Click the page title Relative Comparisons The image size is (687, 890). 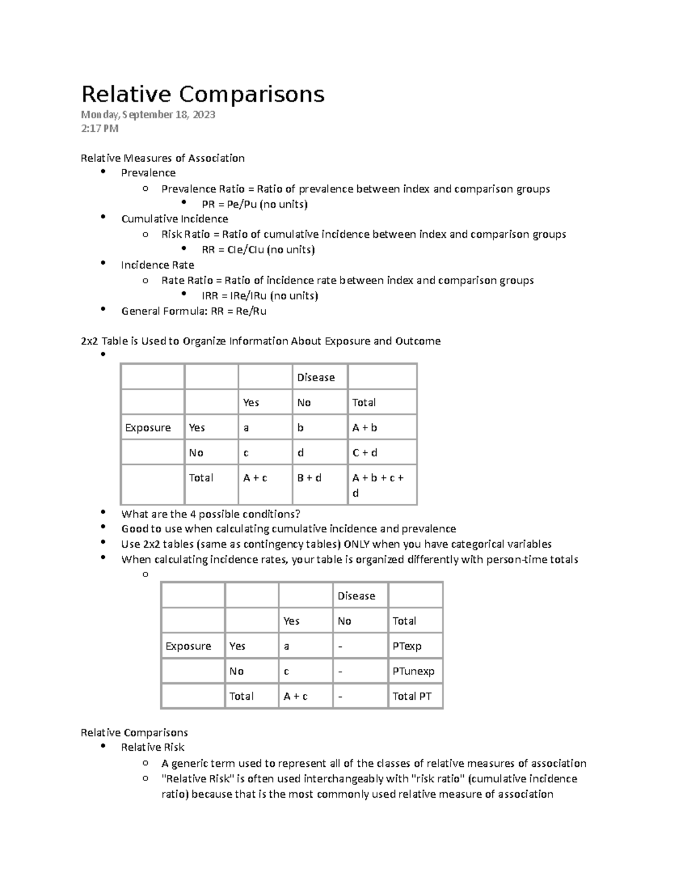203,94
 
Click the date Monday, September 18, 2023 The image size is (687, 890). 148,115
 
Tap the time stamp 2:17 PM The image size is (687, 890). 100,128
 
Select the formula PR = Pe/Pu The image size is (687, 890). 254,204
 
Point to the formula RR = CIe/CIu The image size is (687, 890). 258,249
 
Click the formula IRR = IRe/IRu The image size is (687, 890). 259,296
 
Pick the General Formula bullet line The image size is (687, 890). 194,311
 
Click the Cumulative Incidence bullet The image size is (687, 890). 174,219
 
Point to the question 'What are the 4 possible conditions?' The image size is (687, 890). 211,514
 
